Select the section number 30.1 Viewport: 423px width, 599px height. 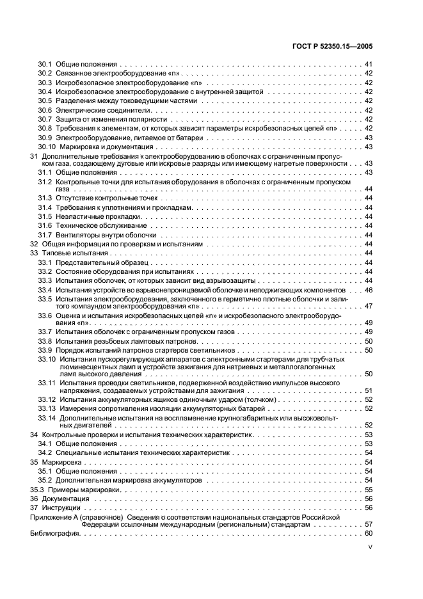pyautogui.click(x=44, y=65)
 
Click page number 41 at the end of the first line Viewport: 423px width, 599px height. pyautogui.click(x=369, y=65)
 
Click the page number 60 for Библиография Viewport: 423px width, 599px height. pyautogui.click(x=369, y=534)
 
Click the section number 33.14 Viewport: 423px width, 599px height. pyautogui.click(x=47, y=417)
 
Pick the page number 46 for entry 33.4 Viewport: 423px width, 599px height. pyautogui.click(x=369, y=290)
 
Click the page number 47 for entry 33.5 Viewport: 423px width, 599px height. pyautogui.click(x=369, y=306)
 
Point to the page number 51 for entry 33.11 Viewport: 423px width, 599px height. pyautogui.click(x=369, y=390)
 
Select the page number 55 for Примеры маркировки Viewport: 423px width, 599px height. pyautogui.click(x=369, y=489)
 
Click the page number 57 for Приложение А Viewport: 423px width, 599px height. pyautogui.click(x=369, y=523)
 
